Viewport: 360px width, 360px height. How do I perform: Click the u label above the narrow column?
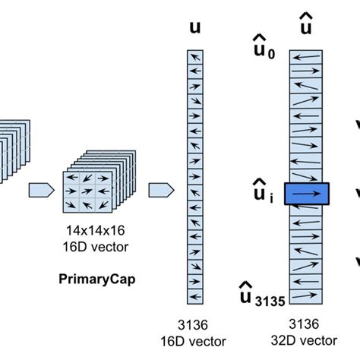coord(194,27)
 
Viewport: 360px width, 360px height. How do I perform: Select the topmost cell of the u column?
coord(196,55)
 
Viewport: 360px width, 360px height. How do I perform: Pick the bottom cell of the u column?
coord(196,298)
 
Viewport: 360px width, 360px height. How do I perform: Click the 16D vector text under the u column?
coord(196,340)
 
